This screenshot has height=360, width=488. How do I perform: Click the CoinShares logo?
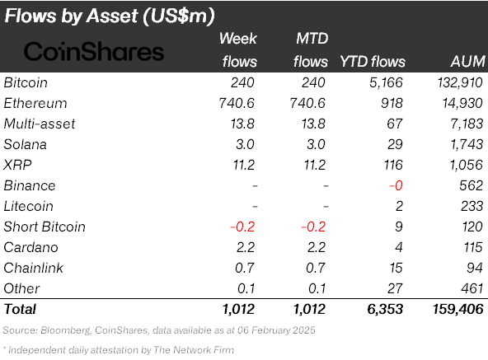pyautogui.click(x=94, y=51)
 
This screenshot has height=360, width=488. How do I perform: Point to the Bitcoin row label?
pyautogui.click(x=26, y=82)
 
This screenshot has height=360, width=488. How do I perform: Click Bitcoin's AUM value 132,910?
pyautogui.click(x=457, y=82)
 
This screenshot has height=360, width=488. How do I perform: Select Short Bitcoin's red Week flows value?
pyautogui.click(x=244, y=227)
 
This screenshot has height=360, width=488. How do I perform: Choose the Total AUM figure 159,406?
pyautogui.click(x=454, y=309)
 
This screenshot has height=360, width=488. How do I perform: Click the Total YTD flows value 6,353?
pyautogui.click(x=385, y=309)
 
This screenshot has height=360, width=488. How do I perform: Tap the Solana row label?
pyautogui.click(x=25, y=144)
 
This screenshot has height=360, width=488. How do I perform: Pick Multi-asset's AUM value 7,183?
pyautogui.click(x=464, y=124)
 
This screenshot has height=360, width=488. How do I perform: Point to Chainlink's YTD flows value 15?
pyautogui.click(x=396, y=268)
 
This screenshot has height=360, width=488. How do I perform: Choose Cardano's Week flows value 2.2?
pyautogui.click(x=246, y=247)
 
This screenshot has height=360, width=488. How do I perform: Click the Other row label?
pyautogui.click(x=21, y=288)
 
